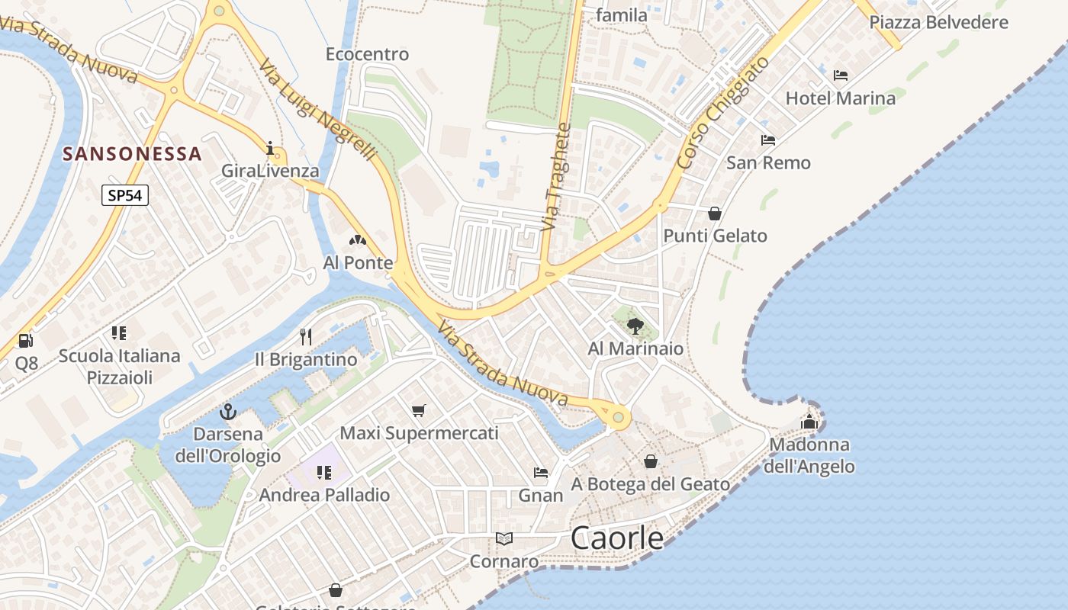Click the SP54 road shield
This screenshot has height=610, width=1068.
pos(125,195)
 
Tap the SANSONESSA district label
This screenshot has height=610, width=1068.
pos(132,154)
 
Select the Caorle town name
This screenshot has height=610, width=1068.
pos(617,538)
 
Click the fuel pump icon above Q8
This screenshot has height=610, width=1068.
pos(26,341)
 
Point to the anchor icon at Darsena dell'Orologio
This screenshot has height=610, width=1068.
pos(227,413)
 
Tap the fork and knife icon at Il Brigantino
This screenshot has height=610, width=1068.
pos(306,337)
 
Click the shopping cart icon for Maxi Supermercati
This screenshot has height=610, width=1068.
pos(418,411)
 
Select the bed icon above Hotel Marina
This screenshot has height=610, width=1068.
pos(841,75)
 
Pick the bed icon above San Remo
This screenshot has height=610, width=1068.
pos(768,140)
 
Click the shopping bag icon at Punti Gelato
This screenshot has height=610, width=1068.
pos(715,213)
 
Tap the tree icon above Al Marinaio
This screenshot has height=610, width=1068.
pos(635,326)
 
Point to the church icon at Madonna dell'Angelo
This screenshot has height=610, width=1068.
pos(809,421)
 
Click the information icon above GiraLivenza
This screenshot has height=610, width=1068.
pos(269,148)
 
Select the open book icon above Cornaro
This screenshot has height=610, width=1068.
pos(503,539)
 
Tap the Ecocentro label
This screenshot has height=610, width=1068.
pos(367,54)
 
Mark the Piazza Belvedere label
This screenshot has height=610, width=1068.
pos(938,22)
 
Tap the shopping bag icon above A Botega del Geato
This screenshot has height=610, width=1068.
pos(651,461)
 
